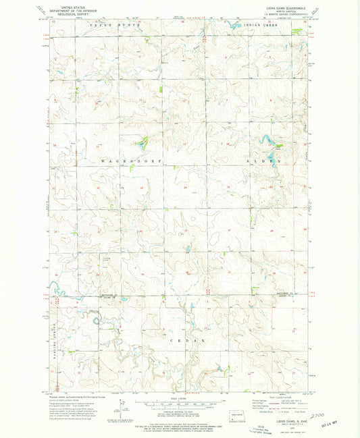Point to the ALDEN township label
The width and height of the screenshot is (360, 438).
tap(266, 162)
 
